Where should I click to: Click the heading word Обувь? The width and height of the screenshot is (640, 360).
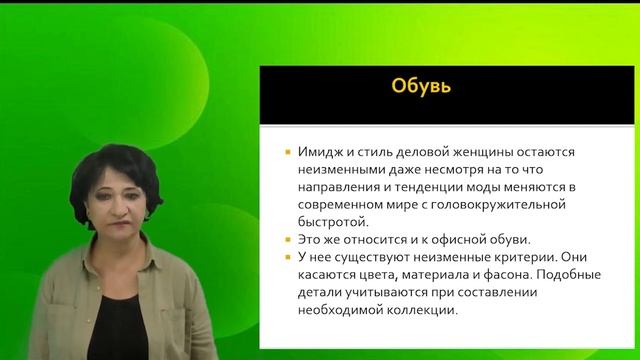click(420, 87)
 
